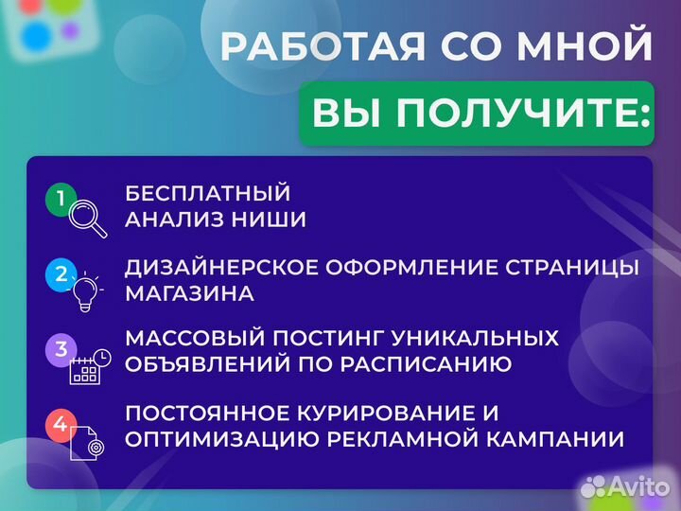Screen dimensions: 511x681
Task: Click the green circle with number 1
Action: (60, 199)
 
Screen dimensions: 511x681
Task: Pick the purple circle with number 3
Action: (60, 349)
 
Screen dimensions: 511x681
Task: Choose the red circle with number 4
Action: (60, 425)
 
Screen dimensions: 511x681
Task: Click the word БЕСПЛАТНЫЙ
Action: (207, 193)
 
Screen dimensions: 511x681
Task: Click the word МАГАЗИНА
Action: (189, 293)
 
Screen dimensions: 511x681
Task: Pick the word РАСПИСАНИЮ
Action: (432, 363)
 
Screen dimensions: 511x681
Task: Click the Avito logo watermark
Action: (625, 486)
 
